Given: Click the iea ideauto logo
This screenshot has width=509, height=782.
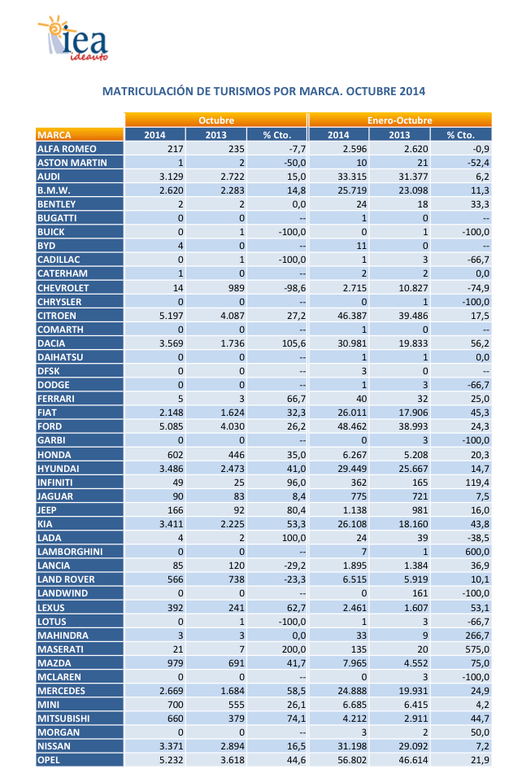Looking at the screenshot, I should (72, 41).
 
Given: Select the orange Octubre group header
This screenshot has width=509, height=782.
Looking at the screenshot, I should (216, 120).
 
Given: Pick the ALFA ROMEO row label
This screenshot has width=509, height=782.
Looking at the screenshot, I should (67, 149).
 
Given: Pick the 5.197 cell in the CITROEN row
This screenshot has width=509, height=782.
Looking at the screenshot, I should (174, 316).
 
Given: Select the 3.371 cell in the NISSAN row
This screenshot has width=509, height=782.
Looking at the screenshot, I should (174, 745).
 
